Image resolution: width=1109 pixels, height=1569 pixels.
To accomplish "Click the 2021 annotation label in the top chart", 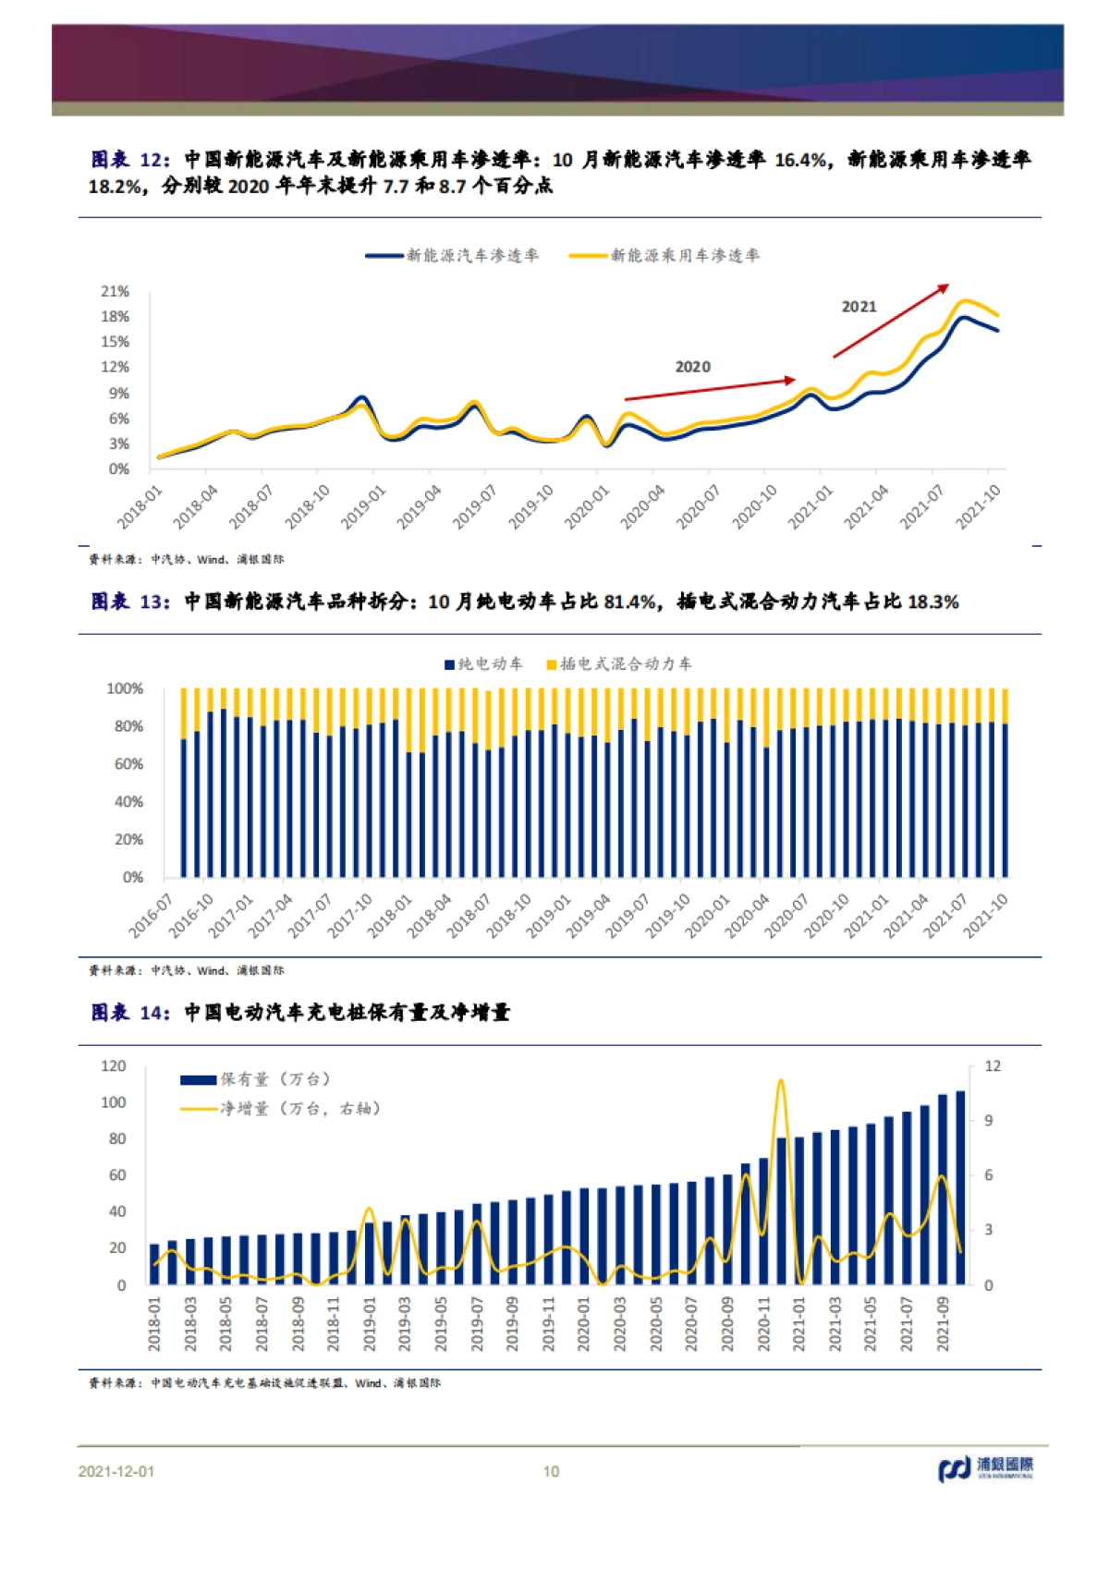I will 859,307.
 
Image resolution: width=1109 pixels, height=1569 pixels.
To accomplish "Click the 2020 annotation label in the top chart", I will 692,367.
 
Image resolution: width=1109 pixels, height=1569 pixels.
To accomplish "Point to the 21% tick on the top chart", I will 115,291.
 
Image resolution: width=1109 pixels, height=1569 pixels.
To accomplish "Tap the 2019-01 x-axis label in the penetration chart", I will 363,507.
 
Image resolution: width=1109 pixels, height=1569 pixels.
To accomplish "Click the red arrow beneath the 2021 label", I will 890,321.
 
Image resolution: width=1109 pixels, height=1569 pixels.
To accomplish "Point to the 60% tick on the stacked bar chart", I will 128,764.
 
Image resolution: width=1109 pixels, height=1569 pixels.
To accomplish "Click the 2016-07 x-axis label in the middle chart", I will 151,915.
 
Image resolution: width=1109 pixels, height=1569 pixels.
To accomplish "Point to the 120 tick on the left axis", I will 113,1066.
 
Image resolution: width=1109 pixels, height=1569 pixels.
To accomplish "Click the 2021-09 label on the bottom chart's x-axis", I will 944,1324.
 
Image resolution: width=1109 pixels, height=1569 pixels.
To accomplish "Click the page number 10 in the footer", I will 551,1471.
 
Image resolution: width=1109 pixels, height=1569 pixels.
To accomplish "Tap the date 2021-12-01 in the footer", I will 116,1471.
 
